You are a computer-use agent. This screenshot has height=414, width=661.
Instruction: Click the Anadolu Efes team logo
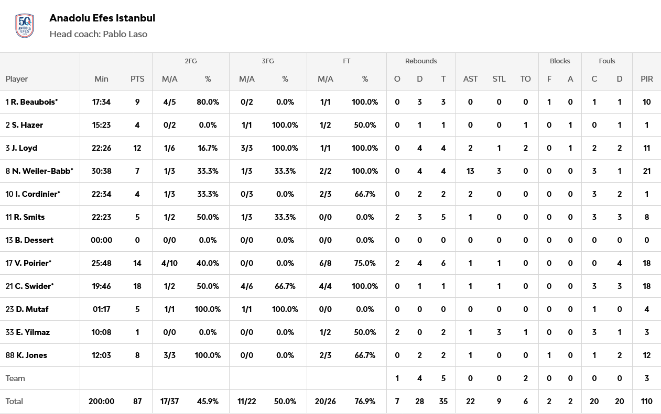25,26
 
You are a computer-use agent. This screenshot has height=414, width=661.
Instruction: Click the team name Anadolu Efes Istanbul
102,18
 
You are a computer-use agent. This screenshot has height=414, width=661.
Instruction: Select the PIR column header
646,79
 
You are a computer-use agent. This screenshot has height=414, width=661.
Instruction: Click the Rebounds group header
421,61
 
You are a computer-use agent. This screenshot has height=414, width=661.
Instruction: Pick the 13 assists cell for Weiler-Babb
470,171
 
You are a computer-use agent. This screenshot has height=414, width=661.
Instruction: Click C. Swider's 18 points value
137,286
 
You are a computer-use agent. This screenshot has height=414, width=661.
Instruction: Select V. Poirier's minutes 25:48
102,263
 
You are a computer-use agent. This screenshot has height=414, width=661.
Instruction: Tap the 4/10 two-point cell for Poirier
169,263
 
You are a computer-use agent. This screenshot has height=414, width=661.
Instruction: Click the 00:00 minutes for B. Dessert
102,240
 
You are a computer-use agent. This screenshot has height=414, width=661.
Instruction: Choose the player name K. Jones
31,355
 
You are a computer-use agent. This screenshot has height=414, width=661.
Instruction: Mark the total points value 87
137,401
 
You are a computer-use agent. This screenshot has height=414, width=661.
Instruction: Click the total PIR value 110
646,401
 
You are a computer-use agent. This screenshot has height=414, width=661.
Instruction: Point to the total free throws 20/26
326,401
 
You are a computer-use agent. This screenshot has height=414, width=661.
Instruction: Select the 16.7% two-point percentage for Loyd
208,148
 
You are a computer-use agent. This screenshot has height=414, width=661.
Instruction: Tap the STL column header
499,79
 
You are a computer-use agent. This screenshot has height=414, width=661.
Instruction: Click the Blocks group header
560,61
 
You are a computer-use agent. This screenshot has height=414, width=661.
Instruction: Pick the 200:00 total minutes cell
102,401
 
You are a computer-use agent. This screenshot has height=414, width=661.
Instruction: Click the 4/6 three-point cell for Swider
246,286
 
